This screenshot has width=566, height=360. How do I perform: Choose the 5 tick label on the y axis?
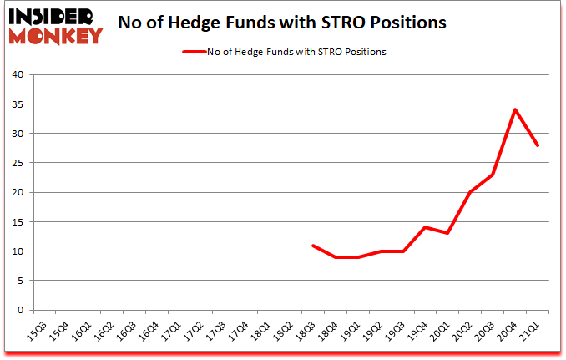(19, 281)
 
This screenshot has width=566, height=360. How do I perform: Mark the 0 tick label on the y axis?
(19, 310)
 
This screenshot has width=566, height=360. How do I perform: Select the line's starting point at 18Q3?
(311, 245)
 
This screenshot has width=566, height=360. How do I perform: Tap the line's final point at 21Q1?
(538, 145)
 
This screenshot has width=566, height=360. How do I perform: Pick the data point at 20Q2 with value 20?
(470, 192)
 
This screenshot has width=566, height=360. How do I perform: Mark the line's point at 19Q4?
(424, 227)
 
